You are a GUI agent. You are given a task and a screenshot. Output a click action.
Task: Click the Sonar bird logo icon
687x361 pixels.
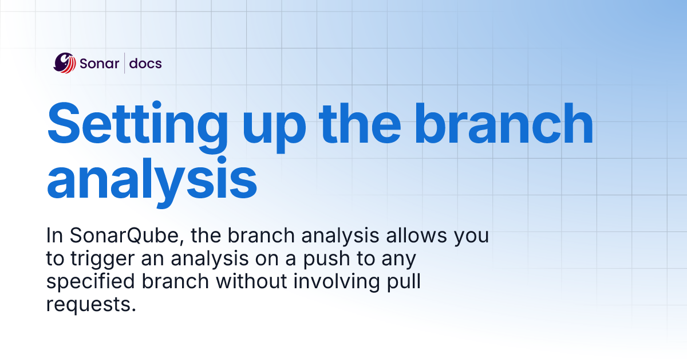(x=65, y=63)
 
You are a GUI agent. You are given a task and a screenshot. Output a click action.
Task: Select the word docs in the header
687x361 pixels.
(x=145, y=63)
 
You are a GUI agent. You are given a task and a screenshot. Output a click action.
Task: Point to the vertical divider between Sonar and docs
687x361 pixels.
(x=124, y=63)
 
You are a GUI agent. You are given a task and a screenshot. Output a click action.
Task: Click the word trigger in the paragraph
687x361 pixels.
(x=98, y=260)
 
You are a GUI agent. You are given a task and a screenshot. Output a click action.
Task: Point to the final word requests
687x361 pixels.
(x=92, y=305)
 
